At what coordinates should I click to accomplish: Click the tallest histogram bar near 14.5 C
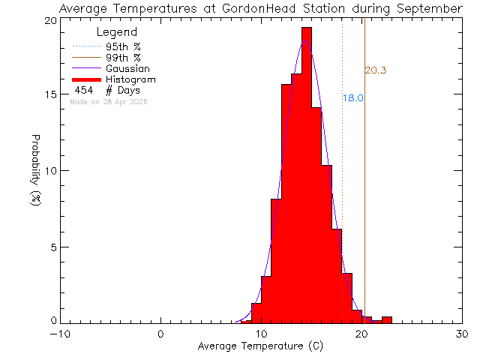tap(306, 172)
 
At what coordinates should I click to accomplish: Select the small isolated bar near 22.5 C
tap(386, 319)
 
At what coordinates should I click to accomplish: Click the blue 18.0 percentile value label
tap(353, 98)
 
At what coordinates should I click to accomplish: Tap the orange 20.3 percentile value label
tap(375, 70)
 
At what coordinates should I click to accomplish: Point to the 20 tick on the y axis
tap(50, 20)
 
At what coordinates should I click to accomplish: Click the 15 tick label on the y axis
tap(50, 95)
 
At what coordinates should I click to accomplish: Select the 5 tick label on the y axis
tap(53, 247)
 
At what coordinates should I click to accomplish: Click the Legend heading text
tap(117, 32)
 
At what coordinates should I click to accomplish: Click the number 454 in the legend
tap(84, 90)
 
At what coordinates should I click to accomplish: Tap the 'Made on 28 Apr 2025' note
tap(108, 101)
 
